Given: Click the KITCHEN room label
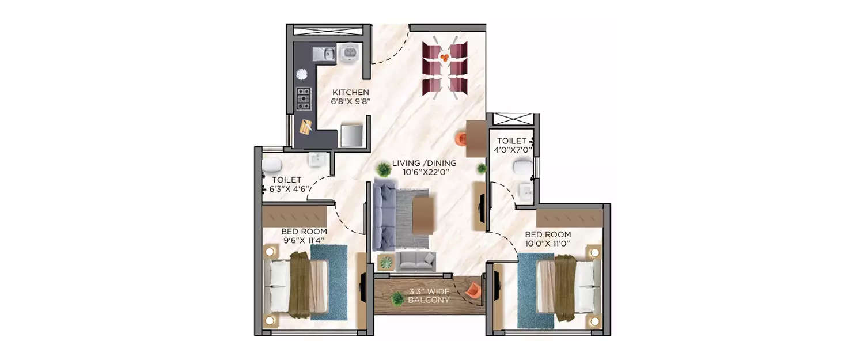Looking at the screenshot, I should coord(350,92).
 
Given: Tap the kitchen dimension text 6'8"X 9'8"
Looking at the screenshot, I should coord(350,101).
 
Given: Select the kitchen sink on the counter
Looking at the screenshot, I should coord(324,54).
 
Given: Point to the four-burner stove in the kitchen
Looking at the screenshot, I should coord(303,98).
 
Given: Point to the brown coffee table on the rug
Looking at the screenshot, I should coord(423,216).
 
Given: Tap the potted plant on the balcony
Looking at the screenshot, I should coord(396,299).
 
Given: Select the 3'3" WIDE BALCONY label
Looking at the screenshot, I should coord(429,295).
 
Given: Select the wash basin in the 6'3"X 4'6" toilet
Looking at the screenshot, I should coord(316,158).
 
